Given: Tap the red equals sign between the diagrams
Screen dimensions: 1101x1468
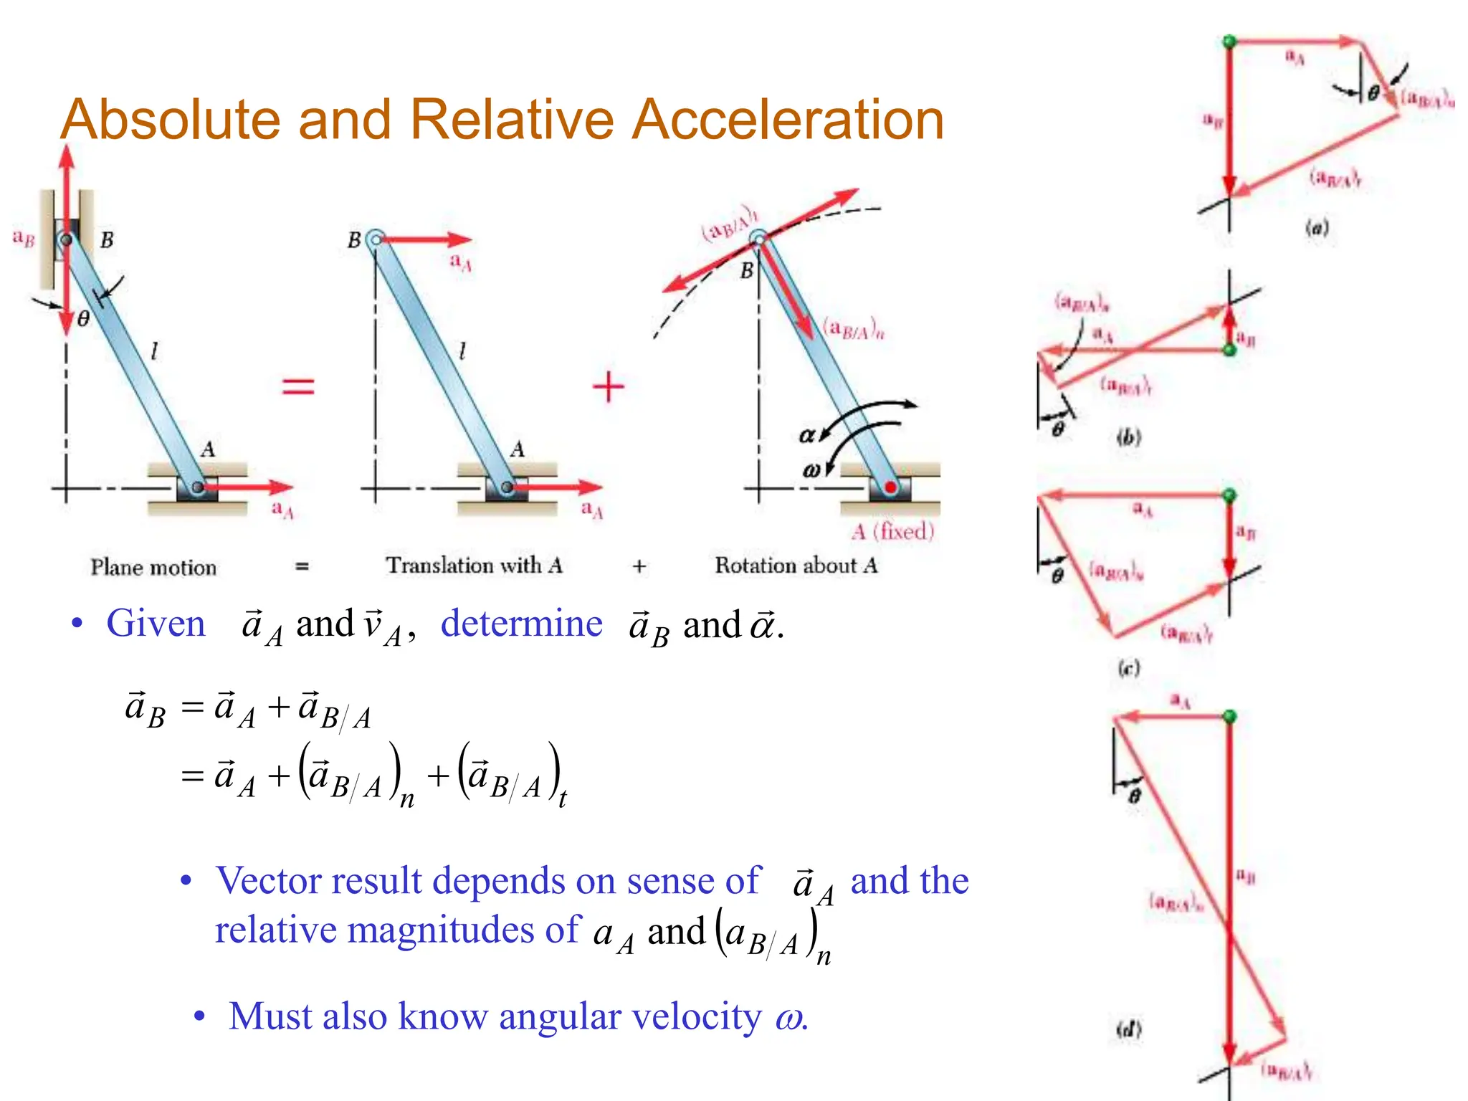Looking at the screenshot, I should click(x=298, y=386).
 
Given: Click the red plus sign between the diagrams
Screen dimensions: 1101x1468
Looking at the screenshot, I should click(x=609, y=386).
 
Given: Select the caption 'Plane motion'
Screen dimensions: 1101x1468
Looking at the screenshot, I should click(x=153, y=567).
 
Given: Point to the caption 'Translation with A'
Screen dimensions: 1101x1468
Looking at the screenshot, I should click(x=474, y=566).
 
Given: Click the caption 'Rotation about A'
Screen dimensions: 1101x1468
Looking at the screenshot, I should click(x=796, y=566).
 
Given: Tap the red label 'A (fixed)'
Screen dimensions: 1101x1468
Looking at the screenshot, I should click(x=893, y=531).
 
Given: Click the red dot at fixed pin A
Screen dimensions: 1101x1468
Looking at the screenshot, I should click(x=890, y=487).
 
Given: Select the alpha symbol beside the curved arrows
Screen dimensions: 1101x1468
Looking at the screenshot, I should click(x=807, y=435).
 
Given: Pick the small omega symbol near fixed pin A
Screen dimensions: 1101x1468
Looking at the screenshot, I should click(x=811, y=470).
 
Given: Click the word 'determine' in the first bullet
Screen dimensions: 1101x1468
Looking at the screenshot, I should click(x=521, y=623).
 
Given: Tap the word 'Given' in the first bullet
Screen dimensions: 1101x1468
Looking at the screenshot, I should click(x=156, y=623).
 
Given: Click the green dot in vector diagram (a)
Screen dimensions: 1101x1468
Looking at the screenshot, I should click(x=1229, y=42).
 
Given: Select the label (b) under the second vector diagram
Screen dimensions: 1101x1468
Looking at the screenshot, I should click(x=1128, y=437).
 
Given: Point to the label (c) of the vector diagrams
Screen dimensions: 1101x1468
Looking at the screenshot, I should click(x=1128, y=668).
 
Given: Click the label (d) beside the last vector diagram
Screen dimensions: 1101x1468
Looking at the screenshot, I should click(x=1128, y=1030).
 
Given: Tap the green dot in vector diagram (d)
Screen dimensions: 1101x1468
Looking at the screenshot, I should click(x=1229, y=717).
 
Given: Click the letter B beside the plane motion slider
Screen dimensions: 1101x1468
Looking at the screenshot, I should click(x=107, y=239).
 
